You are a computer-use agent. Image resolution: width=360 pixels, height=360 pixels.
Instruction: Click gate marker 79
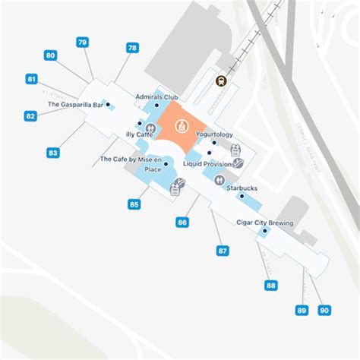82,43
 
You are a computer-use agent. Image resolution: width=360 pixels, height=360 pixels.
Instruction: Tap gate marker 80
51,55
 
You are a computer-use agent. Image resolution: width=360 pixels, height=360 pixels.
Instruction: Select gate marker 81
31,79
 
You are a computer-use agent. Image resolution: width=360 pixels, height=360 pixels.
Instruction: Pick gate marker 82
30,116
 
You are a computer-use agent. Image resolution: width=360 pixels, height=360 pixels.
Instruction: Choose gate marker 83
52,153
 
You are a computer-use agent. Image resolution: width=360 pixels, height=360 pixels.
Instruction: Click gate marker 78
132,48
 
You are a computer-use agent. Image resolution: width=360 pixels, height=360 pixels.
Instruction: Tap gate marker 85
134,204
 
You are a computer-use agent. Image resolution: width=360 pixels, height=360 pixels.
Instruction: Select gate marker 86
182,223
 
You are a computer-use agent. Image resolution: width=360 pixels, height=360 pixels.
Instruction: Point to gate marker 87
223,251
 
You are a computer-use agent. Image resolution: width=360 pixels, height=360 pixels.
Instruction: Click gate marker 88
271,286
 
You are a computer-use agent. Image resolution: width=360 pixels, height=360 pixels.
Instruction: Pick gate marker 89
302,310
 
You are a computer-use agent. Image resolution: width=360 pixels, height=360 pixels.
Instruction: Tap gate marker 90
324,310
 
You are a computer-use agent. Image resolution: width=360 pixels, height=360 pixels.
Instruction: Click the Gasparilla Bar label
74,104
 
